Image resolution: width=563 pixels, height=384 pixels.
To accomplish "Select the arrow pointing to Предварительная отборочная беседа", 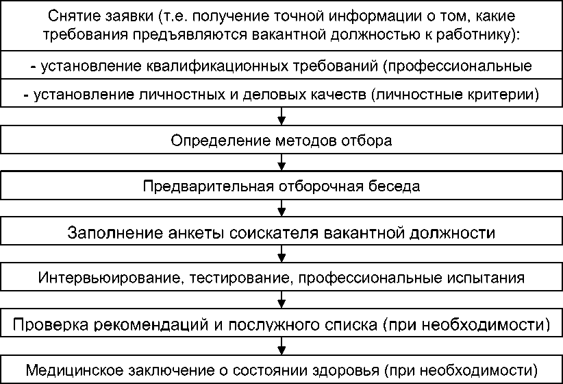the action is (x=281, y=165).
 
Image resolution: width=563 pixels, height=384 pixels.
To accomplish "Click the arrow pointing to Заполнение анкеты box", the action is (x=281, y=209).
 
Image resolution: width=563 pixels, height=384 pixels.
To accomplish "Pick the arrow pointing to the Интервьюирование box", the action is (x=281, y=255).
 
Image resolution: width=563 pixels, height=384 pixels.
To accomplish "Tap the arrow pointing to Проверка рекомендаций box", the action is (x=281, y=301).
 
